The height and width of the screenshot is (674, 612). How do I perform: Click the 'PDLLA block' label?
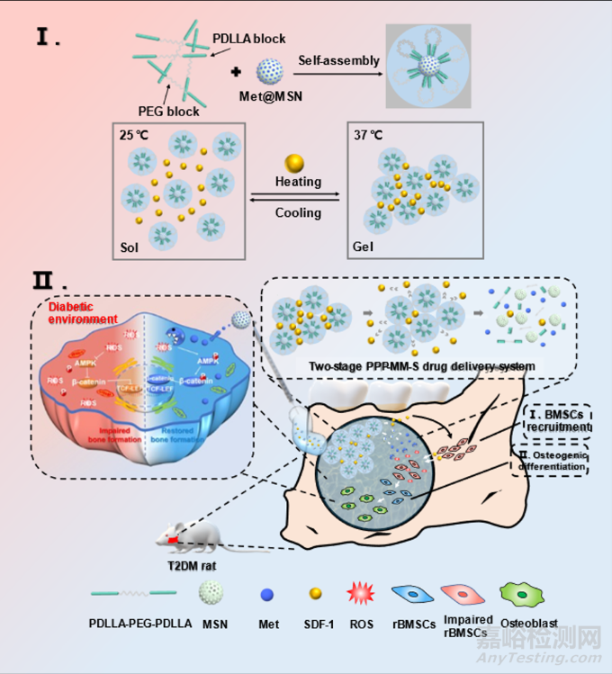[x=249, y=40]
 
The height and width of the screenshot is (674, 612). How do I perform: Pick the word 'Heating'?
[x=299, y=181]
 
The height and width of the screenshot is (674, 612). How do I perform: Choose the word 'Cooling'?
[x=299, y=213]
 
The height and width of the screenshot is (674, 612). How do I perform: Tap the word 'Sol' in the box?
[x=130, y=244]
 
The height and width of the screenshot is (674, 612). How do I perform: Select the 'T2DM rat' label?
[x=191, y=564]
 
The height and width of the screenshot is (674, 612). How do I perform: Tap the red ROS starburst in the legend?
[x=361, y=595]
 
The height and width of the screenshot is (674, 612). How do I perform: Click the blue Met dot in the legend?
[x=265, y=595]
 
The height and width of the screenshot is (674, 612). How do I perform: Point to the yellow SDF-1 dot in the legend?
[x=314, y=595]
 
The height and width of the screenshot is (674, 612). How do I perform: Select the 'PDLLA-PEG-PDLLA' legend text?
[x=139, y=622]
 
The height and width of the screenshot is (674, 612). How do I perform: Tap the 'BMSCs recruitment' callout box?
[x=554, y=419]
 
